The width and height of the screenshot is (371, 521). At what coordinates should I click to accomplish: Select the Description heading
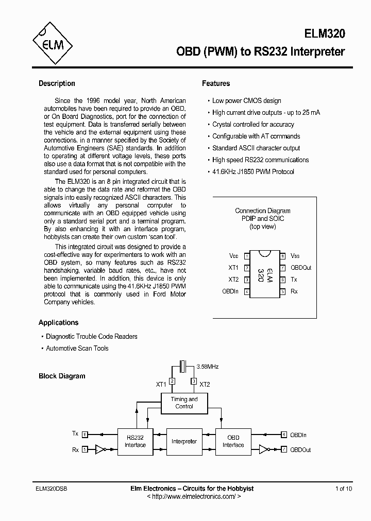coord(57,83)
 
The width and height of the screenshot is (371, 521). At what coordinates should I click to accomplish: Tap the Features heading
coord(215,83)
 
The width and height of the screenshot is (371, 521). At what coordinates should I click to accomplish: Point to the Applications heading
coord(58,323)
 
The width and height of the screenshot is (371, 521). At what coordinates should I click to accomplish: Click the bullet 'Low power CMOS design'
coord(246,101)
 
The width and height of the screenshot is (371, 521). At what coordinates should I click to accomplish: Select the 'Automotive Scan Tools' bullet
coord(77,349)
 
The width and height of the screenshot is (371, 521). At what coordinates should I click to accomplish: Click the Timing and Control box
coord(184,403)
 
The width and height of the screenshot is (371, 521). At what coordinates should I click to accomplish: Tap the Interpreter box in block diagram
coord(184,441)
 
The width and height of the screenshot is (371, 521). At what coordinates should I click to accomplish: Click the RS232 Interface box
coord(135,441)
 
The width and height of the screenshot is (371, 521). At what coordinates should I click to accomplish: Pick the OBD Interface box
coord(233,441)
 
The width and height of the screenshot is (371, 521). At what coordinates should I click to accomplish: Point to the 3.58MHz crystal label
coord(208,367)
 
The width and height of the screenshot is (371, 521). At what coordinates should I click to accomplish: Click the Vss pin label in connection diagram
coord(295,256)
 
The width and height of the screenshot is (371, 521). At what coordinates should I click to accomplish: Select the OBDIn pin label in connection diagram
coord(230,291)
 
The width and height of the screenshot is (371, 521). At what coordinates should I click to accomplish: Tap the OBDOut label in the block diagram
coord(300,449)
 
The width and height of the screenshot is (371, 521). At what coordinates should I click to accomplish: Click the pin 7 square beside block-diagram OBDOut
coord(284,449)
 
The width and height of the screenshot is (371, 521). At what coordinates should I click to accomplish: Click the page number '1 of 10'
coord(344,489)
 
